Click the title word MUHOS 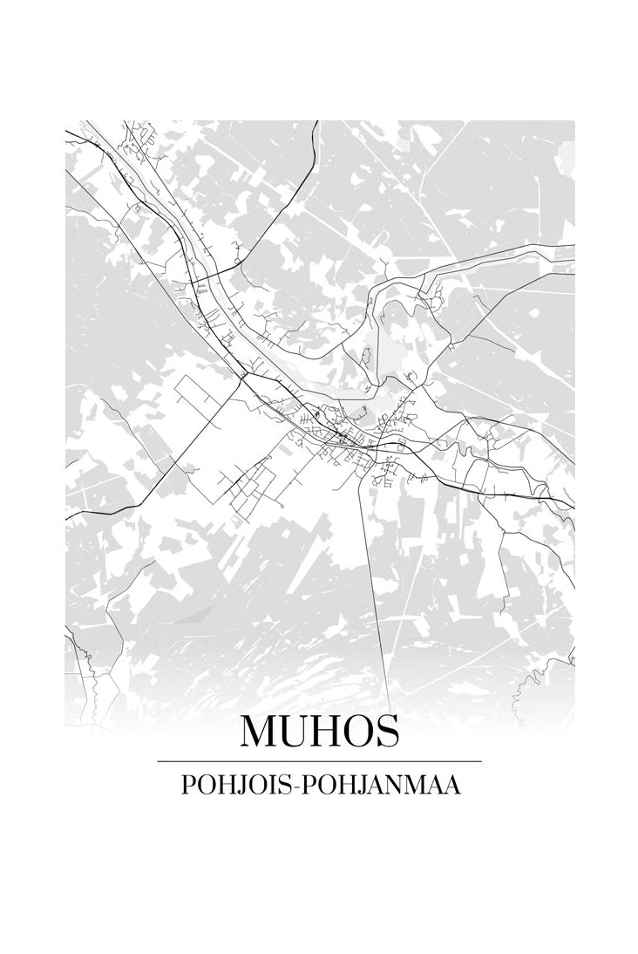pos(319,731)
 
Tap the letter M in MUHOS pos(260,731)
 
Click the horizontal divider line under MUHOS pos(319,761)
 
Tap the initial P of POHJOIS pos(187,785)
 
